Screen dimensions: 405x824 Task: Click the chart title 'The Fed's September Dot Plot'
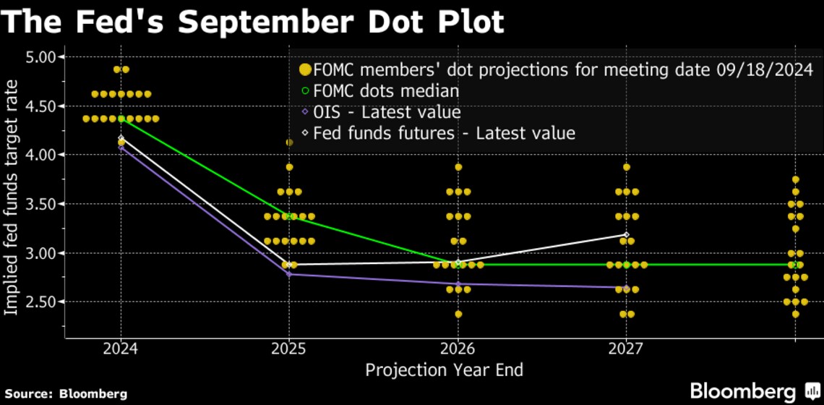pyautogui.click(x=252, y=22)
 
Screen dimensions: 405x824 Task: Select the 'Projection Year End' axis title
pyautogui.click(x=444, y=370)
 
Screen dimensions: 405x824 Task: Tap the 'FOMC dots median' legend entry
pyautogui.click(x=385, y=91)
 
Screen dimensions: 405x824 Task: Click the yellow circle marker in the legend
pyautogui.click(x=304, y=70)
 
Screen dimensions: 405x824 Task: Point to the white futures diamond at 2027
pyautogui.click(x=626, y=234)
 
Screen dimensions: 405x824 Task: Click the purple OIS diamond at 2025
pyautogui.click(x=289, y=274)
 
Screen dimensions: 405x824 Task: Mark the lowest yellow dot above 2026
pyautogui.click(x=458, y=314)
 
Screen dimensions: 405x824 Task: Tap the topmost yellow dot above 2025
pyautogui.click(x=289, y=142)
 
